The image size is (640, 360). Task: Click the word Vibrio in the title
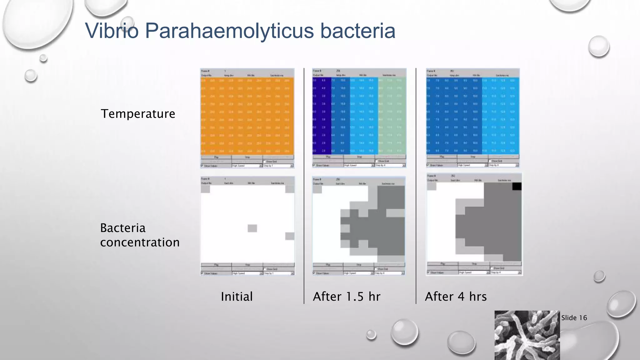point(112,31)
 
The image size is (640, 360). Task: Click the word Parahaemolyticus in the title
point(229,31)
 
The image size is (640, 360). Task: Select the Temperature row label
point(138,114)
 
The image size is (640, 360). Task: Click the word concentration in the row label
point(140,242)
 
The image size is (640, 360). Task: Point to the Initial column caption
point(237,297)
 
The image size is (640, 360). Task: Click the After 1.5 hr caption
point(347,297)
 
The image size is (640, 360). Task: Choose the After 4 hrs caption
point(456,297)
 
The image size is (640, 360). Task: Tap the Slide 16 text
point(574,318)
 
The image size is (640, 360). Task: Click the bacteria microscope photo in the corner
point(527,335)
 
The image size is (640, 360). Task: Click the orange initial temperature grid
point(247,116)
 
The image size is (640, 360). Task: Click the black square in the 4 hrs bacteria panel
point(517,187)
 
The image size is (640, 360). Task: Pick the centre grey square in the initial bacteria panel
point(252,228)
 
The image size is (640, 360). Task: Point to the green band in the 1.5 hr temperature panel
point(392,116)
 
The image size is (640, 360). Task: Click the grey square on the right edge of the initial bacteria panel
point(290,236)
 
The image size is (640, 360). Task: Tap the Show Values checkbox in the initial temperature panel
point(202,166)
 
